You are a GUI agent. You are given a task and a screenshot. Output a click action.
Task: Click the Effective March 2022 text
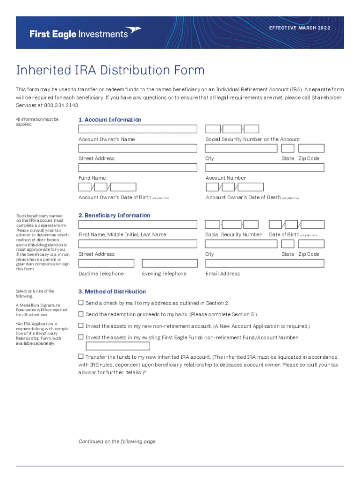tap(300, 28)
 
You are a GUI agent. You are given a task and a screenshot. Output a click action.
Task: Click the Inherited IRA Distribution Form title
tap(110, 70)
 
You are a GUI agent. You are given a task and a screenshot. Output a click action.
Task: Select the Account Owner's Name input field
tap(138, 129)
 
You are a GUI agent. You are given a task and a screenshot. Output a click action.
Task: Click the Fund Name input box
tap(138, 167)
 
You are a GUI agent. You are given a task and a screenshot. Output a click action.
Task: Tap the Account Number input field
tap(264, 167)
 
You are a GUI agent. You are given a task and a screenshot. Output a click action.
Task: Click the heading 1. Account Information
tap(110, 120)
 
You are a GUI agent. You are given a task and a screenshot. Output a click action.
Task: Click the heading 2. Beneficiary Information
tap(114, 216)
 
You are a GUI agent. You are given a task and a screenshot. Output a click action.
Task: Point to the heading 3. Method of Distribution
tap(112, 292)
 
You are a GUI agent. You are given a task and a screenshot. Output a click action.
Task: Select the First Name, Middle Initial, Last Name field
tap(138, 225)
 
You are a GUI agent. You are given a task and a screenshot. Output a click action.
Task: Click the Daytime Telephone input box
tap(106, 263)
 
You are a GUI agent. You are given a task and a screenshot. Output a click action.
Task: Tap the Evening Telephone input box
tap(170, 263)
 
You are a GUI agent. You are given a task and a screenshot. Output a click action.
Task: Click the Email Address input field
tap(264, 263)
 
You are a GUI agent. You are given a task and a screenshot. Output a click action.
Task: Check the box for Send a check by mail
tap(81, 303)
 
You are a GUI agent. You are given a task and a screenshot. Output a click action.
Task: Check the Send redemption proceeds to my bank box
tap(81, 314)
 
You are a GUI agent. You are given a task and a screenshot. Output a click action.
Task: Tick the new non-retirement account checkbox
tap(81, 326)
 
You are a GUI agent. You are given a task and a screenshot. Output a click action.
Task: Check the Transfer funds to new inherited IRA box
tap(81, 356)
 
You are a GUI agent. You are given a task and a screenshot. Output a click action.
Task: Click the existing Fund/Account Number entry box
tap(118, 346)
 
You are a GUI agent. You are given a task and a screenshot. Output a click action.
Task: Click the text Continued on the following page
tap(117, 442)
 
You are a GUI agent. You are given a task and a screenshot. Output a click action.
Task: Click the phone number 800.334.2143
tap(55, 105)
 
